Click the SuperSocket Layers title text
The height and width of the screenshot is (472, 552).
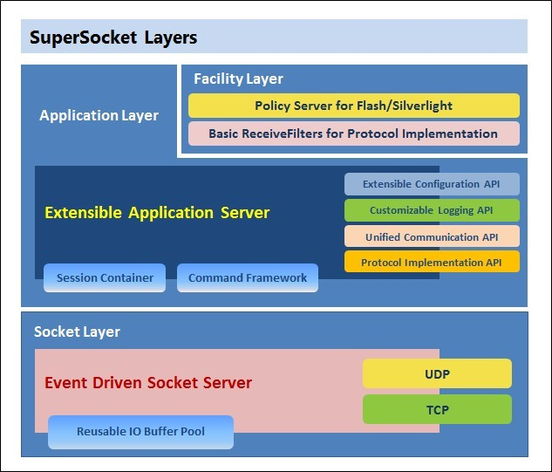pos(113,38)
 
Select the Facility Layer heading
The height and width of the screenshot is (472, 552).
pos(238,79)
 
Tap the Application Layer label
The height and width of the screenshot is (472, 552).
pos(99,115)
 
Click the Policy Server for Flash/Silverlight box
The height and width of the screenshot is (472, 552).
pos(353,106)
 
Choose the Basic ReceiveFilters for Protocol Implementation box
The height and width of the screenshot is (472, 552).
pos(353,133)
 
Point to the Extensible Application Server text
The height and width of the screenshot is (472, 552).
pos(157,212)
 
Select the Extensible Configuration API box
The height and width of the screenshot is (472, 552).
pos(432,184)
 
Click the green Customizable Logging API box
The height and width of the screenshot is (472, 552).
pos(432,210)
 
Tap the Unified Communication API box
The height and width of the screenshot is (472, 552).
pos(432,236)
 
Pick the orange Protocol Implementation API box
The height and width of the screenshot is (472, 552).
pos(432,262)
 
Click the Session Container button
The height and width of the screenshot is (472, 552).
pos(105,277)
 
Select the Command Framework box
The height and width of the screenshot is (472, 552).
pos(248,277)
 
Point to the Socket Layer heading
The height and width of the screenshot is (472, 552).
pos(77,332)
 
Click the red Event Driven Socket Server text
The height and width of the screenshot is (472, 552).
pos(148,382)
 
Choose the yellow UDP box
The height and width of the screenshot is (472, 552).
pos(437,373)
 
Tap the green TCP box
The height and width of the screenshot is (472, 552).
pos(437,409)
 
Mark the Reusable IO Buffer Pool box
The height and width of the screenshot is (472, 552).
pos(140,432)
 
